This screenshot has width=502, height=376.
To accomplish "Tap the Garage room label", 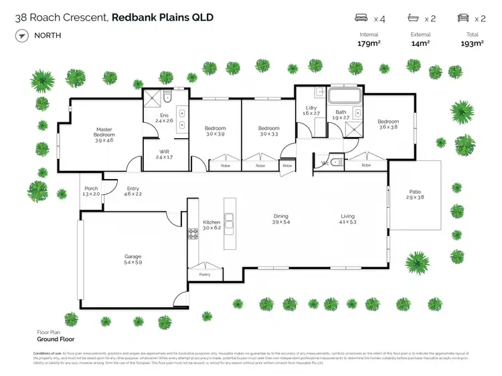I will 133,256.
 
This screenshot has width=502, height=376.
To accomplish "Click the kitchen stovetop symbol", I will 193,234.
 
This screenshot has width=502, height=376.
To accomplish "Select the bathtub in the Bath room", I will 344,96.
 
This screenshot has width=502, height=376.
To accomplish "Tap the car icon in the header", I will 462,18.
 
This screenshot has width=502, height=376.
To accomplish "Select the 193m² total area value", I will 472,43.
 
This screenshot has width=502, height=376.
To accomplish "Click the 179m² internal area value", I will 369,43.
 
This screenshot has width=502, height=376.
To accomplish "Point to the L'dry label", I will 311,108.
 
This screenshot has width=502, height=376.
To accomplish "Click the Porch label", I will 91,189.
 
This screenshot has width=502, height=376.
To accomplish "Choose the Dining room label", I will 280,216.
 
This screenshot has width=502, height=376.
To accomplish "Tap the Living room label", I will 347,216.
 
